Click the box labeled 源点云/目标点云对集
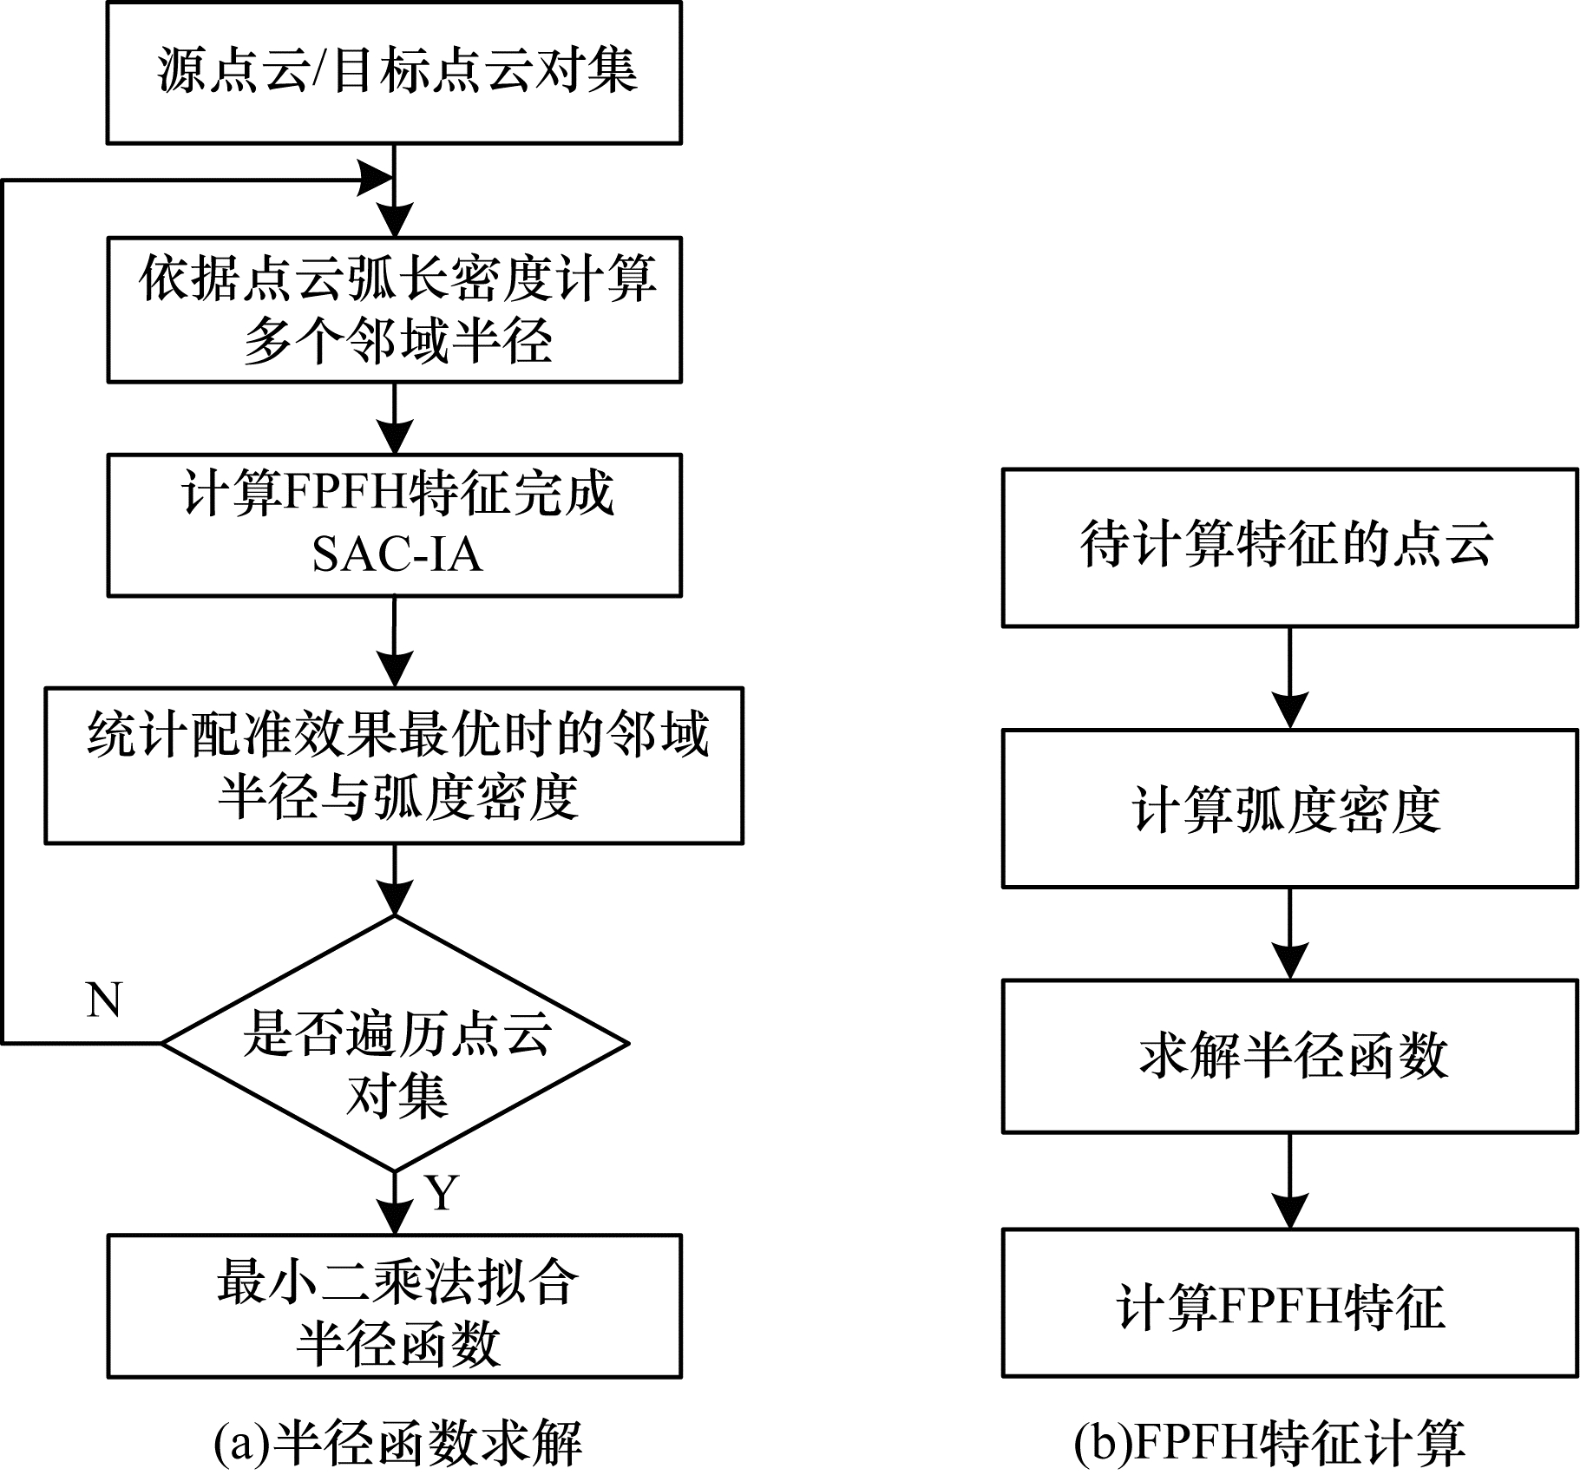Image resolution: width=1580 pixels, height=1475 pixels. click(394, 72)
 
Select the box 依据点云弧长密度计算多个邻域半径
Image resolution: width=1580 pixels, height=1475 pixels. click(394, 310)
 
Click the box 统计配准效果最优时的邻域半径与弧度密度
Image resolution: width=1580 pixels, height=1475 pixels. click(394, 765)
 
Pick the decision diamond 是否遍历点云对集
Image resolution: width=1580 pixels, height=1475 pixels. click(396, 1043)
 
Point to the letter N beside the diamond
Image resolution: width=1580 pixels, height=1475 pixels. click(104, 1000)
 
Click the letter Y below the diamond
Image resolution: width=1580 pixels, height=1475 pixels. click(442, 1193)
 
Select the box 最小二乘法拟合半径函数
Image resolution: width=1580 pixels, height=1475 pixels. click(394, 1306)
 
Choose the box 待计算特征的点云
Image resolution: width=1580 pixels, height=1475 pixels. click(1289, 547)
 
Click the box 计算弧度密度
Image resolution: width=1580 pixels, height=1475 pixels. click(1289, 809)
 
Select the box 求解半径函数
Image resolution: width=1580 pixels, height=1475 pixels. click(1289, 1056)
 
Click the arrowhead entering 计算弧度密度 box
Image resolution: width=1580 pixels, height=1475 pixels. click(1290, 711)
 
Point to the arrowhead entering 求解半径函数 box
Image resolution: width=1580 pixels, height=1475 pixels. click(1290, 961)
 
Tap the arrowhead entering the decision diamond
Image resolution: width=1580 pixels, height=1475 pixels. click(395, 899)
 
